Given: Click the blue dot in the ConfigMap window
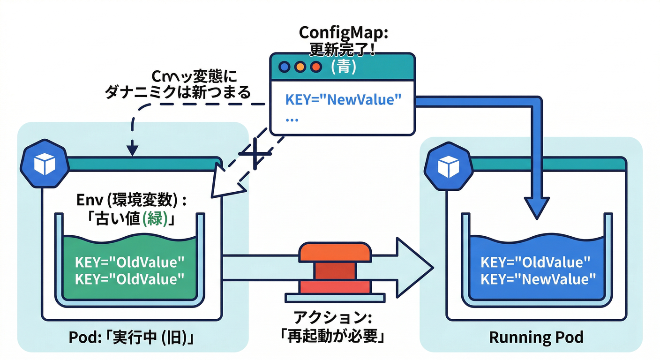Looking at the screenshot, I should click(285, 67).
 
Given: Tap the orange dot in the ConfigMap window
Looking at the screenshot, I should click(300, 67).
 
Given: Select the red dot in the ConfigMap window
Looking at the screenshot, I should click(315, 67).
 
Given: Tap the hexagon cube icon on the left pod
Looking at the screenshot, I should click(38, 162).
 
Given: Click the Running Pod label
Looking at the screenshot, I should click(536, 337).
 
